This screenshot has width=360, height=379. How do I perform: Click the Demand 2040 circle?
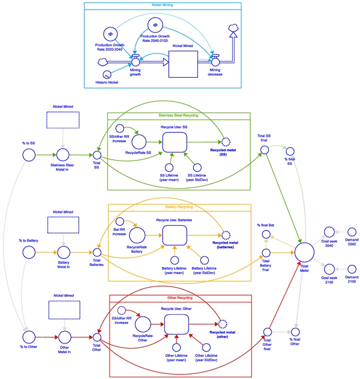(351, 232)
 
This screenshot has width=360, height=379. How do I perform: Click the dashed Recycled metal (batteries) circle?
(226, 236)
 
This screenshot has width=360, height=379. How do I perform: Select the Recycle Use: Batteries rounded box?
(174, 235)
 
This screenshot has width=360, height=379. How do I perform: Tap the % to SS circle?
(27, 154)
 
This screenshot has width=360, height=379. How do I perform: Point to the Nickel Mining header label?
(163, 5)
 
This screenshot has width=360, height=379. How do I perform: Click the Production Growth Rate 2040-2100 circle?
(155, 25)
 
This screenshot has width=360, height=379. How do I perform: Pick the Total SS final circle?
(264, 150)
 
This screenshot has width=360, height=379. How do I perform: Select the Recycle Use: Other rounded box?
(176, 323)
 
